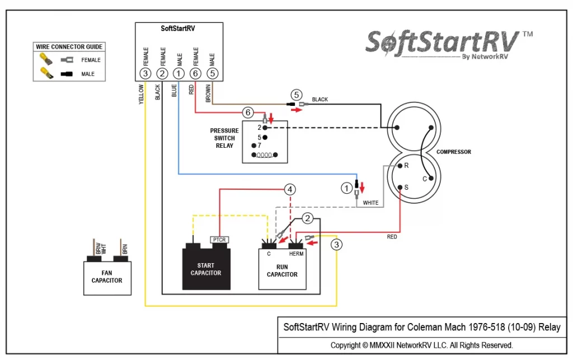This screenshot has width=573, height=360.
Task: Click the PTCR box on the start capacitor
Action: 219,240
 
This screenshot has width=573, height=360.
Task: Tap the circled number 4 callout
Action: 290,189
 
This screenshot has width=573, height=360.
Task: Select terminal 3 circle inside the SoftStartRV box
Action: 145,73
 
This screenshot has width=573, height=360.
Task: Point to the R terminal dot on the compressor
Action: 400,166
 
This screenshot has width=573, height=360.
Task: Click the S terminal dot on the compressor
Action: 400,188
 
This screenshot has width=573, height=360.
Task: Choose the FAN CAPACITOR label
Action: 107,277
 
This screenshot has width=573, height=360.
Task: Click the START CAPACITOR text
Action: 206,269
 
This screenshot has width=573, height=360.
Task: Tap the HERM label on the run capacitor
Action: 296,254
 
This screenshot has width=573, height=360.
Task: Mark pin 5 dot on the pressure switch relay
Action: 265,137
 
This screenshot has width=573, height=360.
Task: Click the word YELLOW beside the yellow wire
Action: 141,94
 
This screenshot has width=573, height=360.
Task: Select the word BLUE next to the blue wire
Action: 174,90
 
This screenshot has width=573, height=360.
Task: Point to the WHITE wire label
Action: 370,203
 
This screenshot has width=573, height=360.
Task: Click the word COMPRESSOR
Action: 453,152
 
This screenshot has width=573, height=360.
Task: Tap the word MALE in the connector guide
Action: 88,74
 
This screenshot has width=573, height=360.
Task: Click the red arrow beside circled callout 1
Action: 362,187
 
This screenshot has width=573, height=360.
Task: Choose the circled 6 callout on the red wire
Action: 248,112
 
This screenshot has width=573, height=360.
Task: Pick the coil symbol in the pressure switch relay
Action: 265,155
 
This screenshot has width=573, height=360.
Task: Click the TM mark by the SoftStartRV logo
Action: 527,34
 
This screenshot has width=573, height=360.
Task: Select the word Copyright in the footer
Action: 345,345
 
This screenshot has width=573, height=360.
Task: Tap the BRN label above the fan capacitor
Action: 125,249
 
